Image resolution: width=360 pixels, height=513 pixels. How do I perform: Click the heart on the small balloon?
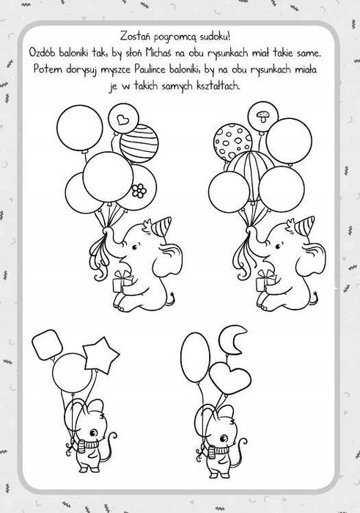[122, 120]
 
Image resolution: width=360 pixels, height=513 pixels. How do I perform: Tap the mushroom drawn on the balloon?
[262, 117]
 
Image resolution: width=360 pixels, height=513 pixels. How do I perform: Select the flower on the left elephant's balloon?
[139, 190]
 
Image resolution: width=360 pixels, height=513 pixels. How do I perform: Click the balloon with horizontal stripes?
[139, 143]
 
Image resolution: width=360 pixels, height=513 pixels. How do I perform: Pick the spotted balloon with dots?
[233, 142]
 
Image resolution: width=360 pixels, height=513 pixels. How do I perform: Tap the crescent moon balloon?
[233, 339]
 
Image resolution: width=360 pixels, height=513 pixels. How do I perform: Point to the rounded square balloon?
[48, 344]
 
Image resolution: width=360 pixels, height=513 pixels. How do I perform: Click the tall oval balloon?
[196, 357]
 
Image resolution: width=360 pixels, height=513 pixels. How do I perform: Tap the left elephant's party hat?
[161, 226]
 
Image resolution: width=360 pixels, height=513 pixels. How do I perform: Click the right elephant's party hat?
[305, 226]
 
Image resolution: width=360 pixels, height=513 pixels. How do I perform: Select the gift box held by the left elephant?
[122, 281]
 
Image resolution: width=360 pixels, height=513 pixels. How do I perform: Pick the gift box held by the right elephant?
[265, 280]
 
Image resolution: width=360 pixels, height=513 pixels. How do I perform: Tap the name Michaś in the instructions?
[160, 52]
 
